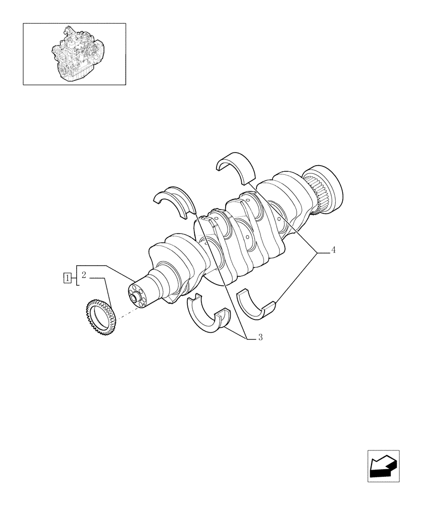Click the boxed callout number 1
[66, 277]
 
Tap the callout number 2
[84, 275]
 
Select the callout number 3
[260, 337]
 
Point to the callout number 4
[334, 250]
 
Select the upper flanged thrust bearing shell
[175, 201]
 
